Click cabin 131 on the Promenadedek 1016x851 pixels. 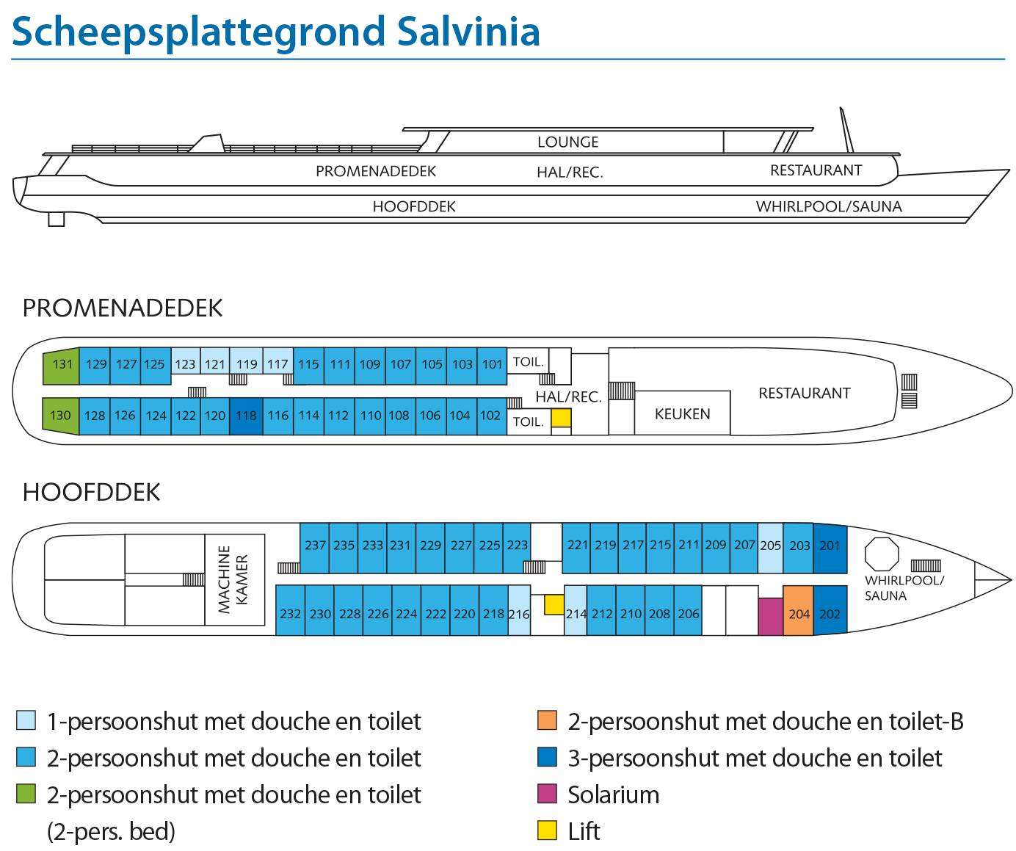(x=62, y=366)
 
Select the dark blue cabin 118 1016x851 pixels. (x=246, y=416)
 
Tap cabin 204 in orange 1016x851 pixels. (x=798, y=610)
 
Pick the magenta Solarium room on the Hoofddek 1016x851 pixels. (x=770, y=616)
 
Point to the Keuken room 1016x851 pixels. (x=682, y=413)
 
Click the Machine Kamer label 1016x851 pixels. (x=233, y=579)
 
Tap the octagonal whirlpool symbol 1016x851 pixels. (x=882, y=554)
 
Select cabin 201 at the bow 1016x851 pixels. (x=830, y=548)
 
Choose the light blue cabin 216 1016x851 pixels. (x=519, y=610)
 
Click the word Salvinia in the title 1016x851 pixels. (x=468, y=32)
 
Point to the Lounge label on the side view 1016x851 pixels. (x=568, y=142)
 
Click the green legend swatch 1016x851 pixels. (x=26, y=794)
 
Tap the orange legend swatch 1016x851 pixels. (x=547, y=720)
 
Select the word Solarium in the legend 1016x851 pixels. (x=614, y=794)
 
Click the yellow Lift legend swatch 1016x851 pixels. (x=547, y=830)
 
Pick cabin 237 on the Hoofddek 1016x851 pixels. (x=314, y=548)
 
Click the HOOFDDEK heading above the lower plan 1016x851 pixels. (x=91, y=492)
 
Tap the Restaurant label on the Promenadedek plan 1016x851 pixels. (x=805, y=393)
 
